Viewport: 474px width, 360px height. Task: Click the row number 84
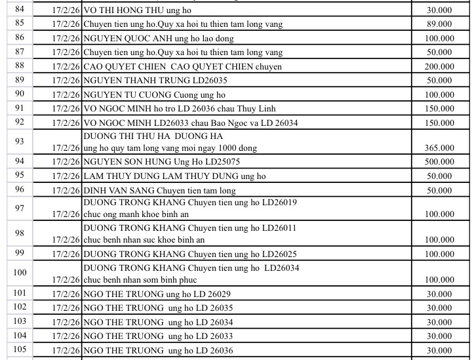point(19,9)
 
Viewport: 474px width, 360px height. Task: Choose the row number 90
point(19,94)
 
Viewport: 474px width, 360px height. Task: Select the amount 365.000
point(439,148)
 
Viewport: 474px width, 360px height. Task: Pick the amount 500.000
point(439,162)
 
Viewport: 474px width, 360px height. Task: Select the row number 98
point(19,234)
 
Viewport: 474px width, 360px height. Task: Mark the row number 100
point(20,273)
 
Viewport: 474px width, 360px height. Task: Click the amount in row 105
point(439,351)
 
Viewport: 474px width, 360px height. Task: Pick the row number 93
point(19,142)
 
